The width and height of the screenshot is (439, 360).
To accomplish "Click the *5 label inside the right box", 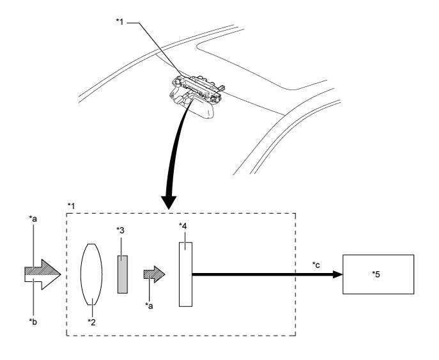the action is click(x=376, y=274).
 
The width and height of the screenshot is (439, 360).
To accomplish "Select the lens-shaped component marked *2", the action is click(x=91, y=274).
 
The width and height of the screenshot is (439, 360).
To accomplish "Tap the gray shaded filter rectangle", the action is click(x=122, y=274).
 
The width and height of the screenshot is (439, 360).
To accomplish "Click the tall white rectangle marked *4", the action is click(x=185, y=274).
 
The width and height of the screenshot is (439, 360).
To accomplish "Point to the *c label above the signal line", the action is click(x=316, y=265).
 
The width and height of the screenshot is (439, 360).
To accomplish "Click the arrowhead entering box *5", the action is click(x=337, y=274).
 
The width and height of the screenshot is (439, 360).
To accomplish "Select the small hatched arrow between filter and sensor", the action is click(x=154, y=274).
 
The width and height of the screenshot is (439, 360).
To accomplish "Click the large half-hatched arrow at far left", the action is click(x=43, y=274).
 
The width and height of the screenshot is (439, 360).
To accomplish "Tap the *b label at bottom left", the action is click(x=33, y=322).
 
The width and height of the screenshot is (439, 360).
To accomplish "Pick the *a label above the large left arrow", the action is click(x=33, y=219).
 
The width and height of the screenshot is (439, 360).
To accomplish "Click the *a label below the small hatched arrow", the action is click(x=150, y=306).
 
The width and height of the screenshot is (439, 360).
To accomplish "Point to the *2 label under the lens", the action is click(x=91, y=322).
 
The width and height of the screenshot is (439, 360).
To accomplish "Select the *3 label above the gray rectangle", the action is click(x=121, y=230).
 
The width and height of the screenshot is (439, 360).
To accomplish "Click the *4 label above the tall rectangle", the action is click(x=183, y=226).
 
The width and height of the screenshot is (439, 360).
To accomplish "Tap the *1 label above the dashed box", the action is click(x=72, y=206).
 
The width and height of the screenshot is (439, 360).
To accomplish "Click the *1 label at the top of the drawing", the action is click(x=120, y=22).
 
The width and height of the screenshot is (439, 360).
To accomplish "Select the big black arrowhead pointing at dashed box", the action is click(x=169, y=203).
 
